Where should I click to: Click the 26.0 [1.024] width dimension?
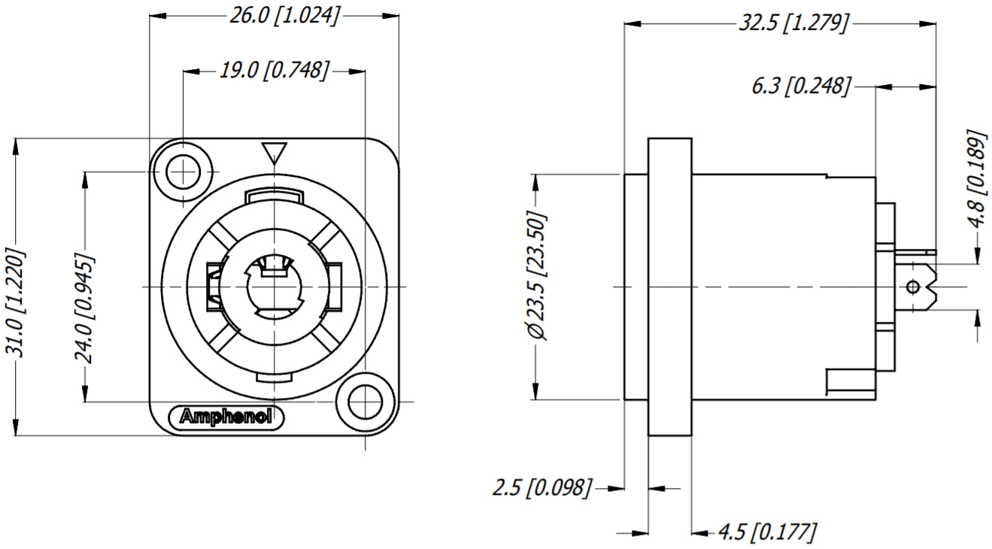(x=284, y=16)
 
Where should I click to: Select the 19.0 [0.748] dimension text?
(x=274, y=71)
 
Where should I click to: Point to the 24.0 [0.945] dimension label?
(x=84, y=309)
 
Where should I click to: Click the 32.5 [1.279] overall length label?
(x=793, y=23)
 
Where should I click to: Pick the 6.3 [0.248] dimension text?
(x=801, y=86)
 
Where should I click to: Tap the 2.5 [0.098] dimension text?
(x=542, y=488)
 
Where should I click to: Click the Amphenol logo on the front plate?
(x=227, y=416)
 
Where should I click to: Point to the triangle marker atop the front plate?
(x=274, y=153)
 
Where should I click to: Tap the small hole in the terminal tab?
(x=913, y=287)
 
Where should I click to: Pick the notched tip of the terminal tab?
(x=932, y=287)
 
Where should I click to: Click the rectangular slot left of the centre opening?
(x=213, y=287)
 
